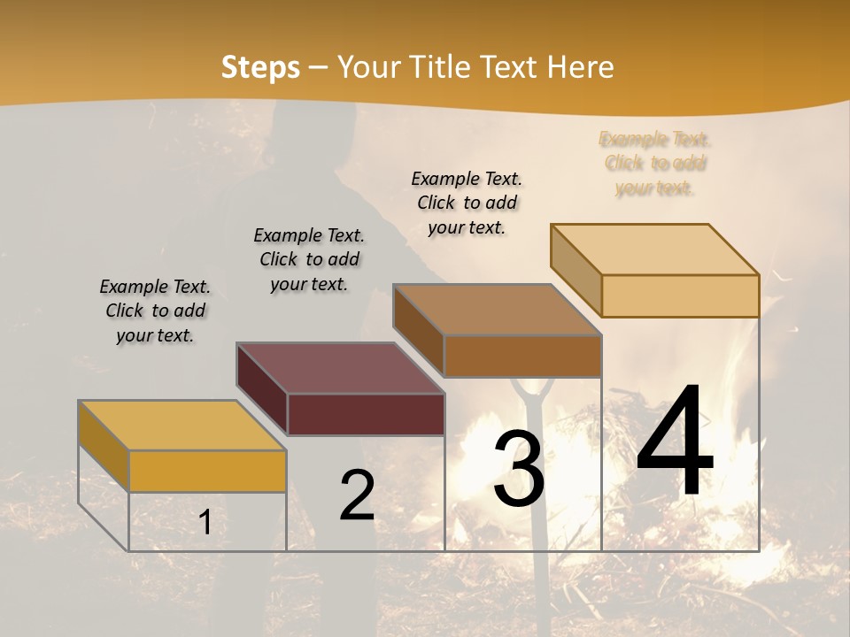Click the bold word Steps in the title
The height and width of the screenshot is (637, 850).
(x=259, y=67)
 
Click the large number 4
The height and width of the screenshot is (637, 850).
(x=675, y=442)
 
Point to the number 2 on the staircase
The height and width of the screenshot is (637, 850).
(x=357, y=495)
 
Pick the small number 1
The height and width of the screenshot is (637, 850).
(x=205, y=523)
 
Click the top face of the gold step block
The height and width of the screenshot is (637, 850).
(x=182, y=425)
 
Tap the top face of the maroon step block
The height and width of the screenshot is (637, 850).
(x=340, y=368)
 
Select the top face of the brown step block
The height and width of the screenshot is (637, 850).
(x=497, y=310)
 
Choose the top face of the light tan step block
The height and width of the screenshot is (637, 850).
(x=655, y=249)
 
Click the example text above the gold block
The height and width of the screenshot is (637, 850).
(x=155, y=311)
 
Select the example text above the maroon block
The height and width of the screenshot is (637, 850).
(x=309, y=259)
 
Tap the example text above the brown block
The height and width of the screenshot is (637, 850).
(x=467, y=203)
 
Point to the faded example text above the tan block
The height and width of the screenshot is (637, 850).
(x=655, y=163)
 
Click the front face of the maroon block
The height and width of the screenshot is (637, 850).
(x=366, y=414)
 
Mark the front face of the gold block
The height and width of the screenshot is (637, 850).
(x=207, y=471)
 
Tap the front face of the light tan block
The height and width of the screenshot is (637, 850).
(x=680, y=295)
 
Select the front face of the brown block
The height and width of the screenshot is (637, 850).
(x=522, y=356)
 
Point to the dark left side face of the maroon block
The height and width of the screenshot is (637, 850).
(x=262, y=388)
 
